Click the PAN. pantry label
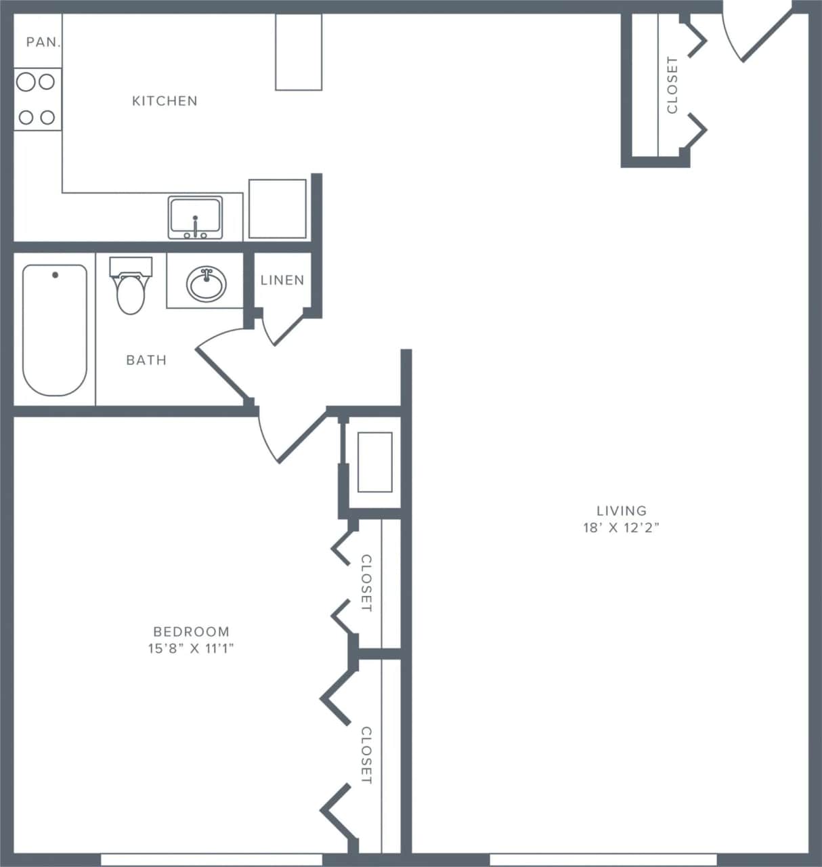pyautogui.click(x=43, y=42)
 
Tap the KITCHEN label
pyautogui.click(x=165, y=101)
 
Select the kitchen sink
pyautogui.click(x=195, y=217)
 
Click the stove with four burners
pyautogui.click(x=37, y=100)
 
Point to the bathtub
pyautogui.click(x=55, y=330)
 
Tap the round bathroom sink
pyautogui.click(x=207, y=284)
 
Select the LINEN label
pyautogui.click(x=282, y=280)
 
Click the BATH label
pyautogui.click(x=146, y=360)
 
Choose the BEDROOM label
pyautogui.click(x=191, y=631)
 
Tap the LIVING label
pyautogui.click(x=621, y=511)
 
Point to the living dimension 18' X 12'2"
pyautogui.click(x=621, y=528)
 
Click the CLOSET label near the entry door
pyautogui.click(x=672, y=85)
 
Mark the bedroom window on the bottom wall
pyautogui.click(x=211, y=860)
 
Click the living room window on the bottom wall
pyautogui.click(x=603, y=860)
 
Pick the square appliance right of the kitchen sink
pyautogui.click(x=278, y=209)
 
